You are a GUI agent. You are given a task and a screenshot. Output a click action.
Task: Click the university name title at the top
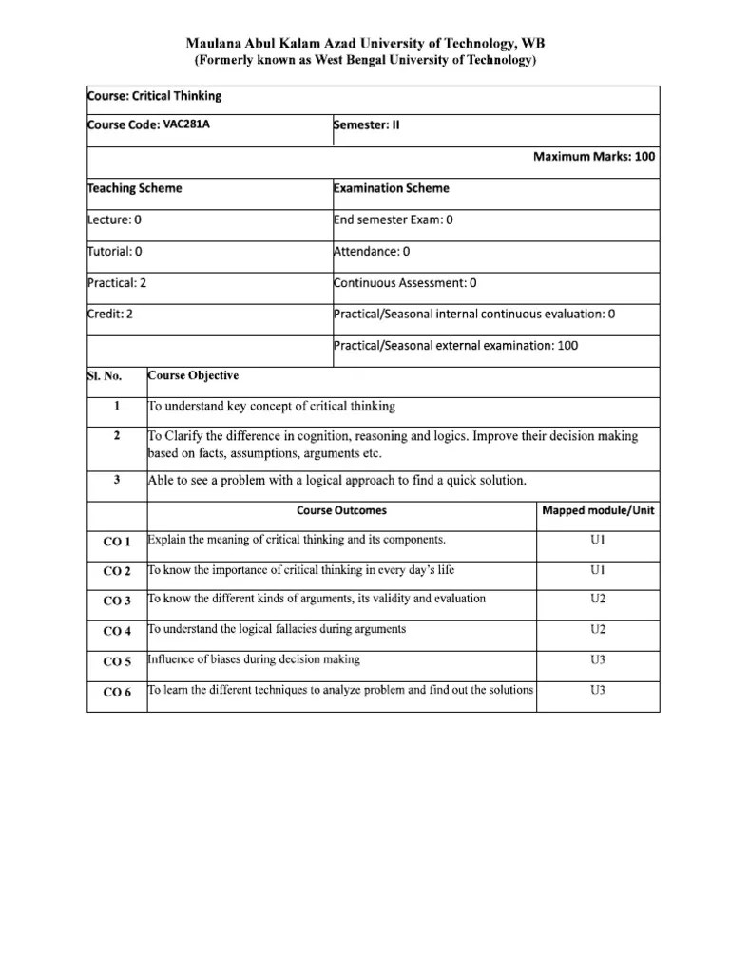pyautogui.click(x=366, y=44)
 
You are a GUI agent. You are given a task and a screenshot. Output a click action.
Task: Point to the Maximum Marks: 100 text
pyautogui.click(x=594, y=157)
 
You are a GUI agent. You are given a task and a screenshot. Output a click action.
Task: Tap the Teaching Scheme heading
pyautogui.click(x=135, y=188)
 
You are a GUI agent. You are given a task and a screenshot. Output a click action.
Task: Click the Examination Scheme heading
pyautogui.click(x=392, y=188)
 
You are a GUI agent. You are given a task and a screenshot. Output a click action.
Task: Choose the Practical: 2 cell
pyautogui.click(x=117, y=282)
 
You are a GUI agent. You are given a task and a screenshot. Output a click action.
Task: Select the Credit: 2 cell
pyautogui.click(x=110, y=315)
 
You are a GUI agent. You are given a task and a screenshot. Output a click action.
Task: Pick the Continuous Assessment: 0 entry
pyautogui.click(x=405, y=282)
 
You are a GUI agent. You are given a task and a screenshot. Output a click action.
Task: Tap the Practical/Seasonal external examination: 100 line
pyautogui.click(x=455, y=346)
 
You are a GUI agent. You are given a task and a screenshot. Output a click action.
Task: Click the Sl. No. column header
pyautogui.click(x=105, y=376)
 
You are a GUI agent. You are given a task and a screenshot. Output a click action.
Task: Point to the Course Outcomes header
pyautogui.click(x=341, y=510)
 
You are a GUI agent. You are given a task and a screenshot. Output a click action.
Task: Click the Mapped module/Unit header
pyautogui.click(x=598, y=510)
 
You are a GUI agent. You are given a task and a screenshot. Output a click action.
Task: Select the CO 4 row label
pyautogui.click(x=117, y=631)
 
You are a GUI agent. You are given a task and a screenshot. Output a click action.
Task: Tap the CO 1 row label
pyautogui.click(x=117, y=542)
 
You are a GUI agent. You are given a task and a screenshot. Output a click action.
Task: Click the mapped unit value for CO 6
pyautogui.click(x=598, y=690)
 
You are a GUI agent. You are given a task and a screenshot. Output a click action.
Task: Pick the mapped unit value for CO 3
pyautogui.click(x=598, y=599)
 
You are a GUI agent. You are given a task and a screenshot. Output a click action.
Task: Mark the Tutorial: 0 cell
pyautogui.click(x=115, y=252)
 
